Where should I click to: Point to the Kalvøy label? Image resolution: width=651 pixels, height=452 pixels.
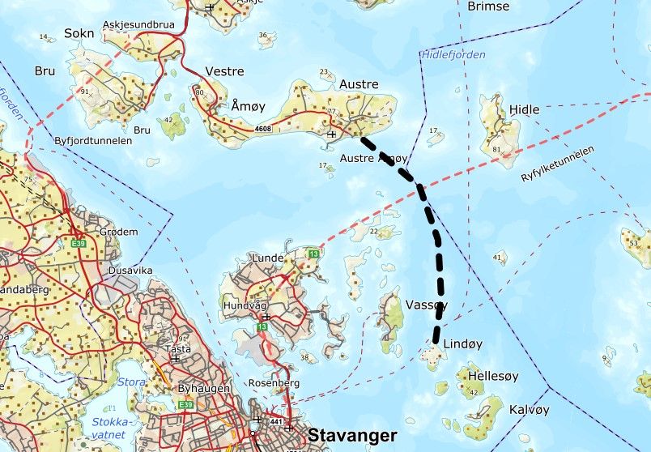point(530,410)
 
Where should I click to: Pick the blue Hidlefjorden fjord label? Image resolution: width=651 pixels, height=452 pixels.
point(453,55)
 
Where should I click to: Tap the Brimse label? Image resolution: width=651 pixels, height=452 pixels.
point(488,6)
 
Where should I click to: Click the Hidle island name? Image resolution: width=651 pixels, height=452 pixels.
point(524,109)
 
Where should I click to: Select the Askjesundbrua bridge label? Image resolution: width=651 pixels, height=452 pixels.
point(140,25)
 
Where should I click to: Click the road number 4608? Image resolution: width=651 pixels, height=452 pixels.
point(262,128)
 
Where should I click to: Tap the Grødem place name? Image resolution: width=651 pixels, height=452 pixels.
point(118,232)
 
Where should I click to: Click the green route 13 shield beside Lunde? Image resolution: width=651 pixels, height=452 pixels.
point(313,255)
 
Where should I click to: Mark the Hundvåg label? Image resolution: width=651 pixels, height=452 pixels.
point(242,305)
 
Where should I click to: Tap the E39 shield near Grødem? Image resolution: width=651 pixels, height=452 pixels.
point(79,243)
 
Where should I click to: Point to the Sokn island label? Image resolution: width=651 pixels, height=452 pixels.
point(79,33)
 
